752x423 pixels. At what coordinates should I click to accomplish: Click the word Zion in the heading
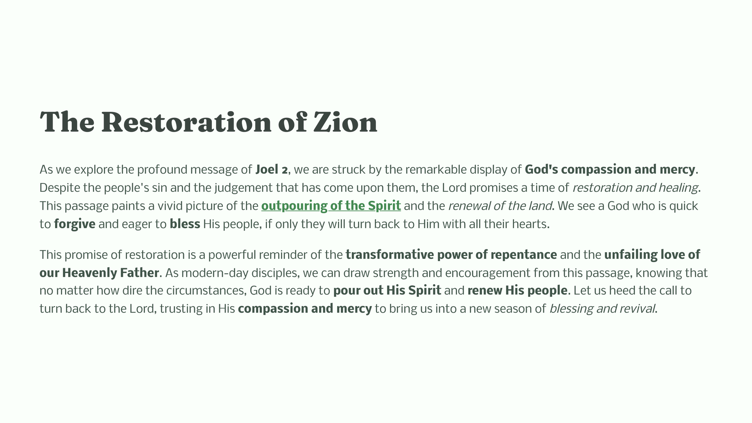(345, 122)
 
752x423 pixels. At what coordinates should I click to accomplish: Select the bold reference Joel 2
(272, 170)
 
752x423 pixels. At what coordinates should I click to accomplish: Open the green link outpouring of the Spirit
(331, 206)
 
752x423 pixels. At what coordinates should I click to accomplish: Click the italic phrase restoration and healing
(635, 188)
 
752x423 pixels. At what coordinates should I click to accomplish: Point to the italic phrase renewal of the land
(500, 206)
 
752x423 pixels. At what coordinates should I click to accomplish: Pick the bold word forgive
(75, 224)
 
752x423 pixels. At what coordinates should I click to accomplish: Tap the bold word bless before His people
(185, 224)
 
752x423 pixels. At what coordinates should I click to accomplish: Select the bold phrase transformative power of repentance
(451, 254)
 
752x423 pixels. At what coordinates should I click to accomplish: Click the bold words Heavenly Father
(111, 273)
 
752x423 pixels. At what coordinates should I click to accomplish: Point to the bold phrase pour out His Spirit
(387, 291)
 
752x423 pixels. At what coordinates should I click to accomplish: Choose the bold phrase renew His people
(517, 291)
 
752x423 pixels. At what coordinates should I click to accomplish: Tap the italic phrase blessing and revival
(603, 309)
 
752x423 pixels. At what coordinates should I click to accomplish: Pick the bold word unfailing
(631, 254)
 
